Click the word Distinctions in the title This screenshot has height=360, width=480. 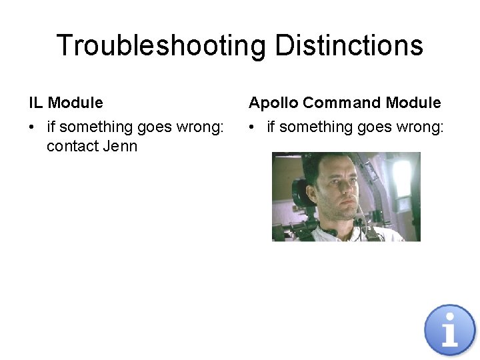[349, 46]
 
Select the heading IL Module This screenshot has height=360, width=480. [66, 103]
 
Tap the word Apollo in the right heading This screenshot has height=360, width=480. [273, 103]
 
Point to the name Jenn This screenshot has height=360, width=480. [120, 146]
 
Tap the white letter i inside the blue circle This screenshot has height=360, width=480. [450, 331]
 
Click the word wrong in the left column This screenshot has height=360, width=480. [202, 127]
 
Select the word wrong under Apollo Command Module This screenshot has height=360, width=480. [422, 127]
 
